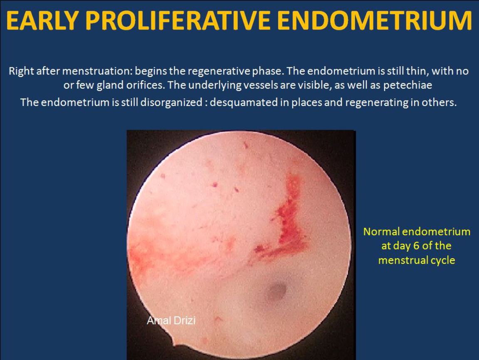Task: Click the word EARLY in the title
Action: (43, 20)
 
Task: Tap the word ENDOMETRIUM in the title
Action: (375, 20)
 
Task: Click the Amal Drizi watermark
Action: (171, 321)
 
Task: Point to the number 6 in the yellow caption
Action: (416, 246)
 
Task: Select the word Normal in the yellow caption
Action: (381, 232)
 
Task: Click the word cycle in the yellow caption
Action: (443, 261)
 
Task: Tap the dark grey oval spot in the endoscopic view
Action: (277, 291)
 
